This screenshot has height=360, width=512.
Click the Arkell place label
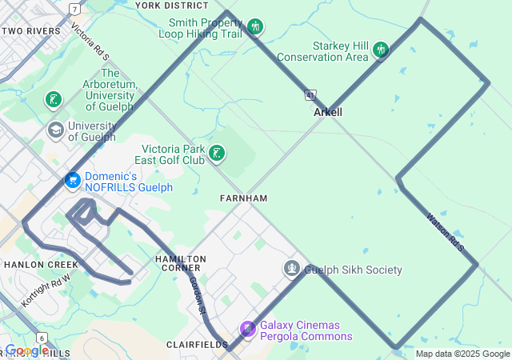pyautogui.click(x=328, y=112)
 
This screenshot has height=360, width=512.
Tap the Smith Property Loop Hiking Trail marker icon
pyautogui.click(x=255, y=27)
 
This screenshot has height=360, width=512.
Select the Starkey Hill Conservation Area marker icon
pyautogui.click(x=380, y=50)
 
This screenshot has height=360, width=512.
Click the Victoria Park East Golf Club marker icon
pyautogui.click(x=216, y=153)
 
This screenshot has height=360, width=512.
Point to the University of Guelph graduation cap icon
pyautogui.click(x=56, y=130)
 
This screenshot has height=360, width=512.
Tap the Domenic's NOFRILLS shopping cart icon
pyautogui.click(x=73, y=181)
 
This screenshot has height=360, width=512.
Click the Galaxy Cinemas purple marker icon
pyautogui.click(x=248, y=329)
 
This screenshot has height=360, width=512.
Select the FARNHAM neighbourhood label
pyautogui.click(x=243, y=198)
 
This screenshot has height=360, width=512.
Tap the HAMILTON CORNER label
pyautogui.click(x=181, y=264)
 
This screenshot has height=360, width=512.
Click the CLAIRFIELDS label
pyautogui.click(x=192, y=344)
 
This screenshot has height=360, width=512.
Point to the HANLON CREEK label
pyautogui.click(x=39, y=264)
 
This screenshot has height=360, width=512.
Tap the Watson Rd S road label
pyautogui.click(x=446, y=231)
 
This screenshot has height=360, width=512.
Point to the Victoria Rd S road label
pyautogui.click(x=89, y=42)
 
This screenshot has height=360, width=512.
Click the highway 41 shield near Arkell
pyautogui.click(x=310, y=95)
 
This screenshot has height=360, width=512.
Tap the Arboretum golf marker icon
pyautogui.click(x=53, y=100)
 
